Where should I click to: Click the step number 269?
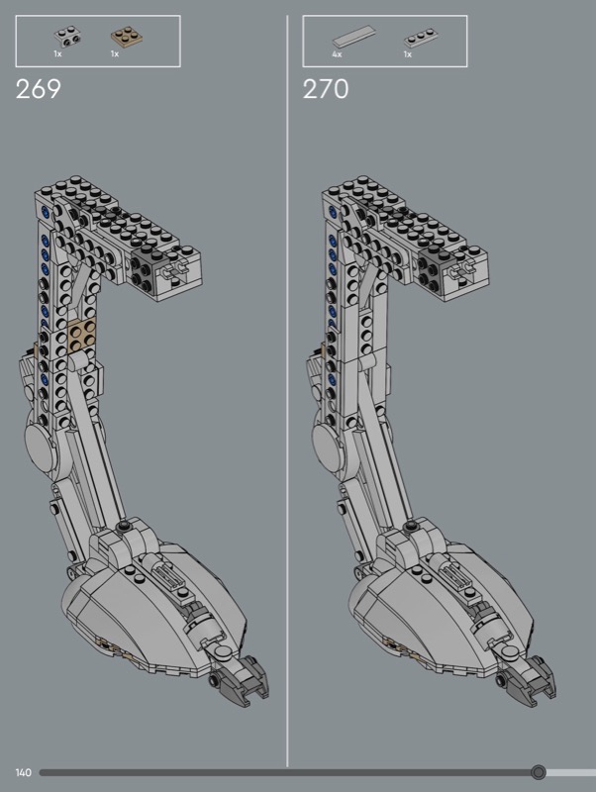(x=39, y=89)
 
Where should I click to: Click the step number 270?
(x=326, y=89)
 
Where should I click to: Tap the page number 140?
(x=23, y=772)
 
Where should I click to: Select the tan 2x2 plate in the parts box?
(x=125, y=38)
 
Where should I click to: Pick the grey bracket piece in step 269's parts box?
(x=68, y=36)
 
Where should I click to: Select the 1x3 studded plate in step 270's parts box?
(x=420, y=39)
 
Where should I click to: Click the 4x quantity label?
(x=337, y=54)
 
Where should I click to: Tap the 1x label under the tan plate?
(x=115, y=54)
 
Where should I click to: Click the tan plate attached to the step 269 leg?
(x=81, y=335)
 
